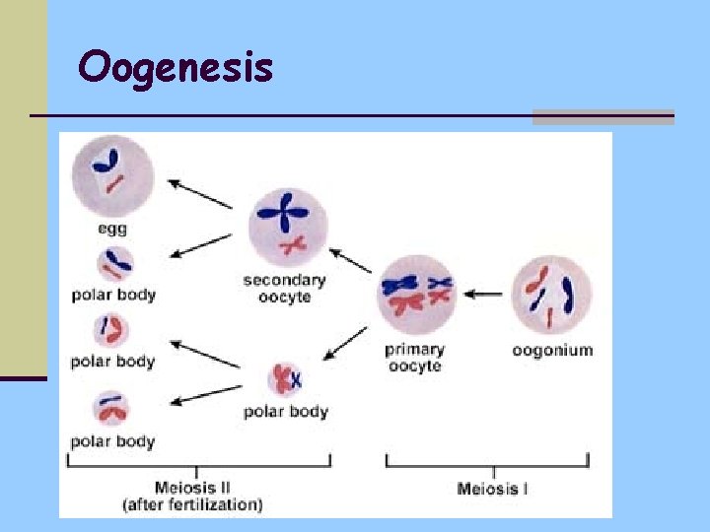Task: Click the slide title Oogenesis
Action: tap(176, 68)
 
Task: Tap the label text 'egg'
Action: tap(112, 229)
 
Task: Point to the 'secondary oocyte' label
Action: tap(284, 289)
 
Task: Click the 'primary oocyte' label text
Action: tap(414, 358)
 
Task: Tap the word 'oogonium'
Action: tap(552, 350)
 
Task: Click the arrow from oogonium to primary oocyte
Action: tap(483, 294)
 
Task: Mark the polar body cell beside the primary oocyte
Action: tap(286, 379)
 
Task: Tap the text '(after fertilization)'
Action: tap(193, 504)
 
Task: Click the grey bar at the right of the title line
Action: tap(603, 117)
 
